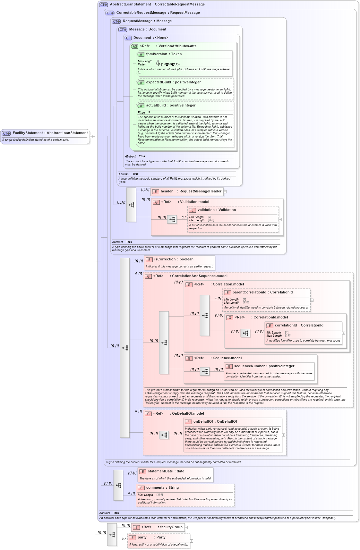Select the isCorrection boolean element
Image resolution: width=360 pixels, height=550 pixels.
click(x=174, y=259)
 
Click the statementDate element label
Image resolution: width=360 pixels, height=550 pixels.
click(x=166, y=471)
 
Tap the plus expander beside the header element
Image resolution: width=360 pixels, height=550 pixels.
click(x=225, y=192)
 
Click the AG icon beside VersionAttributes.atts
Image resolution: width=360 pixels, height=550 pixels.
click(x=134, y=47)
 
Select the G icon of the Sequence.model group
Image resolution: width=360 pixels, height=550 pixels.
click(x=189, y=359)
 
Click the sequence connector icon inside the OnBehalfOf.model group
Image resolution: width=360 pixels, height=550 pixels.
click(x=164, y=435)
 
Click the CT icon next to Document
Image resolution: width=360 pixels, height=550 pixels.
click(x=128, y=38)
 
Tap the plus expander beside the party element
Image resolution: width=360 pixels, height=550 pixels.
click(x=192, y=541)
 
